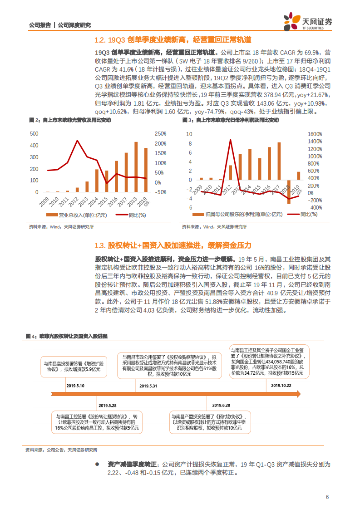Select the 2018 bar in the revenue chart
pos(136,167)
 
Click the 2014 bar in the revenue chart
pos(97,181)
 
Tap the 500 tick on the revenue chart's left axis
pos(34,134)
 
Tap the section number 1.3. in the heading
pos(100,245)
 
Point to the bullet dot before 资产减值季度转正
pos(97,465)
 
